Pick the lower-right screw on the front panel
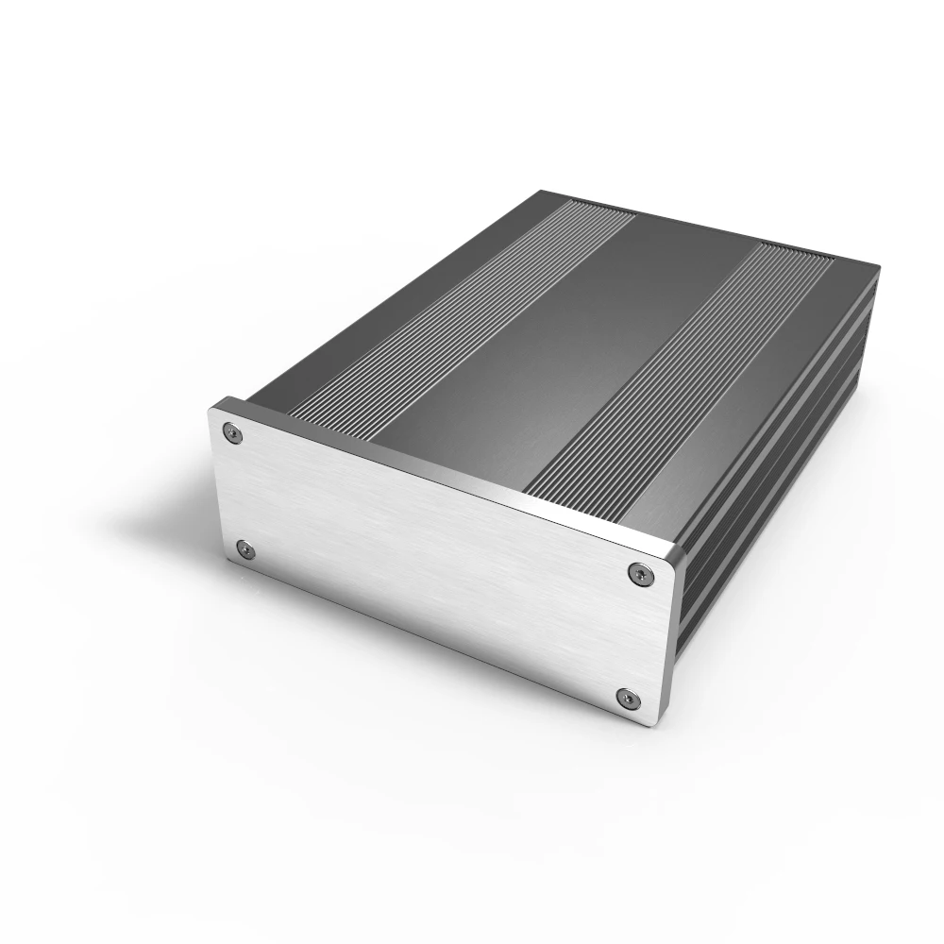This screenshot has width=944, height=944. tap(625, 699)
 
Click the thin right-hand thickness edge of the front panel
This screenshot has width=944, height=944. tap(672, 642)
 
